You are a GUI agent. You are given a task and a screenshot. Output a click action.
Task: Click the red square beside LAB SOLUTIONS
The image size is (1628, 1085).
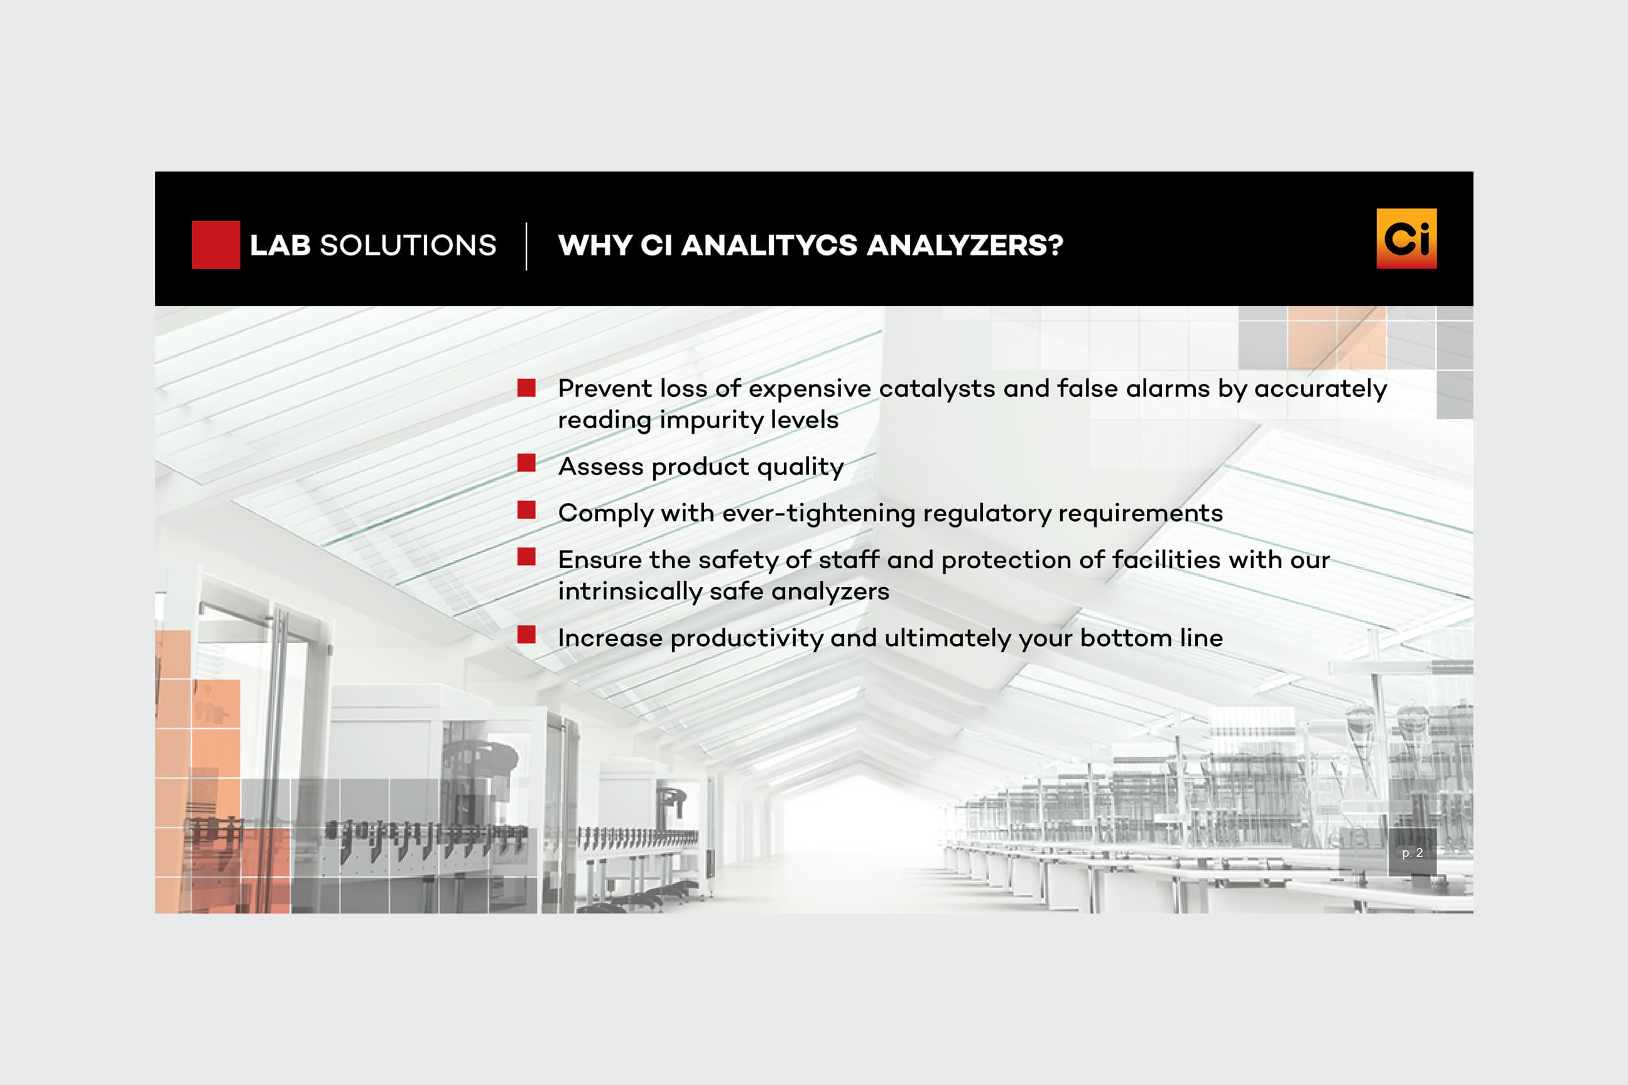(x=216, y=245)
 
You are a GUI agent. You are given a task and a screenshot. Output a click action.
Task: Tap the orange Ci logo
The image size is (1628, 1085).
(x=1406, y=238)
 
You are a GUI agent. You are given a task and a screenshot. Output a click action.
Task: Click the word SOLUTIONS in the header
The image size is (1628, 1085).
(x=408, y=246)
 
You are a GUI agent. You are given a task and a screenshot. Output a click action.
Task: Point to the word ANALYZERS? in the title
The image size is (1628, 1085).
(x=965, y=246)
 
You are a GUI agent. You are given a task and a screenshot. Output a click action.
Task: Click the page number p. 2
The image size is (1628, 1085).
(x=1413, y=853)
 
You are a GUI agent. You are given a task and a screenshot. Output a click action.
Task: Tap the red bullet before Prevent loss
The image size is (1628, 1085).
(x=527, y=387)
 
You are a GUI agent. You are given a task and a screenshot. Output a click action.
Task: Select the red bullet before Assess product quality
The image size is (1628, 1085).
(x=527, y=463)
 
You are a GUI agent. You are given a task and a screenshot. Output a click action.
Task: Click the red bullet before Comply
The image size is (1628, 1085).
(x=527, y=510)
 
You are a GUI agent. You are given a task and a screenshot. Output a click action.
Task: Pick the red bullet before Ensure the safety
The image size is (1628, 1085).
(x=527, y=556)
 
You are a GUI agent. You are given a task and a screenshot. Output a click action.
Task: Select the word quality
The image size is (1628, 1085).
(x=800, y=467)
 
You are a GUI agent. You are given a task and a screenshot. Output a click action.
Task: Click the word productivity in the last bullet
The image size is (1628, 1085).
(x=747, y=638)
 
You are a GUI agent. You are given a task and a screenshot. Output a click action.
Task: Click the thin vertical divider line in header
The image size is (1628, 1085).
(x=526, y=246)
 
